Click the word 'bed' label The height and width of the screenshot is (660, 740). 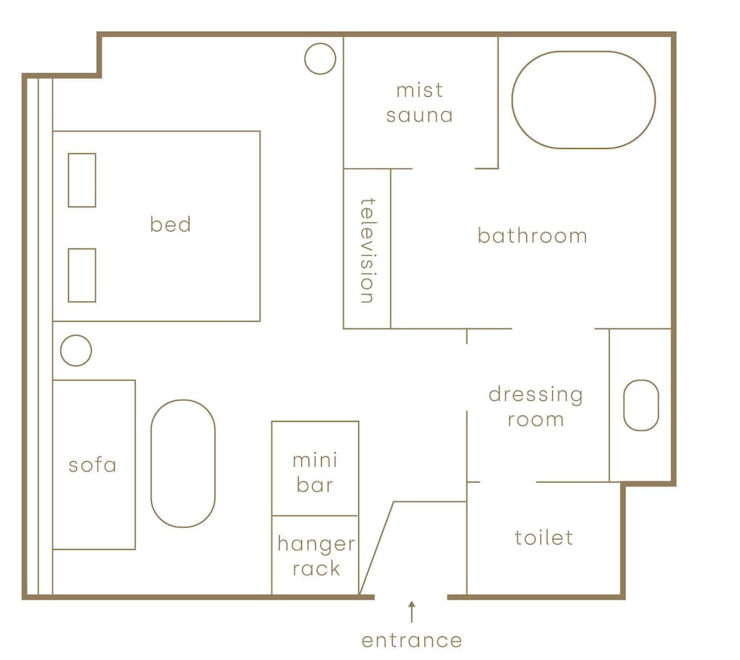click(170, 224)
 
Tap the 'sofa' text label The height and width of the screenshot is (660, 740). click(92, 465)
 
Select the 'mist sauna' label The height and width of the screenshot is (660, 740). click(420, 103)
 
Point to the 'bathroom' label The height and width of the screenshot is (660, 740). click(532, 235)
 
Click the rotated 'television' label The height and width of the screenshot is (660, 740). click(368, 250)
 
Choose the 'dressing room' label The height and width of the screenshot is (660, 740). click(536, 407)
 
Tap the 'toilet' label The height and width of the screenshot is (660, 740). click(544, 537)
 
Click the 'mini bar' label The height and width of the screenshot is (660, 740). click(314, 472)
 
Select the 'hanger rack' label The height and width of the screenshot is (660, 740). click(316, 556)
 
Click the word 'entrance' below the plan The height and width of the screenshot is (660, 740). click(411, 641)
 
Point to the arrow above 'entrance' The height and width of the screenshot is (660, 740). click(412, 612)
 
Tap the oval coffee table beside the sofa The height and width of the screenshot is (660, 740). click(151, 463)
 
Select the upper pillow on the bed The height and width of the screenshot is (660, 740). click(68, 181)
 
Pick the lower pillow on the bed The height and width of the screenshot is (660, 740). click(68, 275)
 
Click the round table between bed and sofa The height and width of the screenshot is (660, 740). click(61, 351)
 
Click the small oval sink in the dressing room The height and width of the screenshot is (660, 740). click(623, 405)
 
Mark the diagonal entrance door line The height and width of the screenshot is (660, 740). click(376, 548)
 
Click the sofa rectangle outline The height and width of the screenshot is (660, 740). click(135, 465)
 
